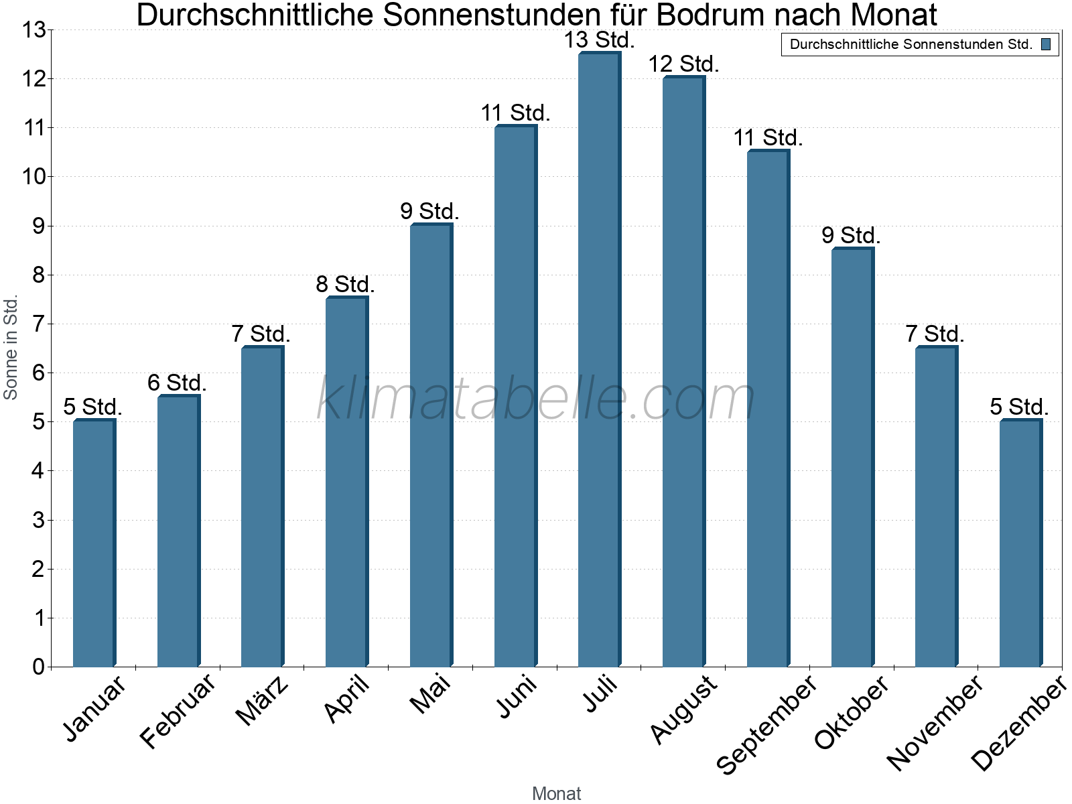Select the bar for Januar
[x=94, y=543]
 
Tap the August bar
[x=683, y=371]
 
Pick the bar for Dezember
[x=1020, y=543]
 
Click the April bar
[x=346, y=482]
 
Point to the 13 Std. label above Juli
[x=599, y=40]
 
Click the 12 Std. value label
[x=683, y=64]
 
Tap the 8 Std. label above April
[x=346, y=285]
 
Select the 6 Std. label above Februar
[x=178, y=383]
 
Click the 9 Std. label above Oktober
[x=852, y=236]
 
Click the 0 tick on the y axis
[x=38, y=667]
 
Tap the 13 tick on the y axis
[x=33, y=30]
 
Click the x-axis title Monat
[x=556, y=793]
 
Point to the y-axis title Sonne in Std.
[x=11, y=348]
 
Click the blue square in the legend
[x=1046, y=45]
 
